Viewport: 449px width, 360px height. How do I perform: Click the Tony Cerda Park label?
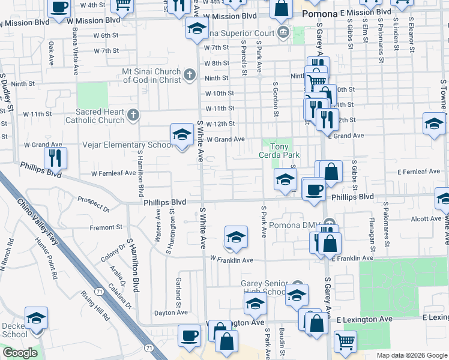point(278,150)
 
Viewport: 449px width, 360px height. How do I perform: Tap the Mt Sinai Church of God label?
point(151,74)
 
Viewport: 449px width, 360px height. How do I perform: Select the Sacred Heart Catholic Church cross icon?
point(133,114)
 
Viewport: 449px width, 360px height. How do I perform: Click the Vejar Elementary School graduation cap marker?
point(181,136)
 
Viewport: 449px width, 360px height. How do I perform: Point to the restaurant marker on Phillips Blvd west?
point(55,158)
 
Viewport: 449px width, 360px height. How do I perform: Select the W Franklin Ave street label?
point(231,260)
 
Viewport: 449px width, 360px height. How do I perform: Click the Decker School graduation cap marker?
point(37,318)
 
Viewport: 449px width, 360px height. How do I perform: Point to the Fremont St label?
point(106,227)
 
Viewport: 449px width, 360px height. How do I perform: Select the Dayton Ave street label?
point(168,313)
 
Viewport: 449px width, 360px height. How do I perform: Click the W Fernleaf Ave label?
point(113,173)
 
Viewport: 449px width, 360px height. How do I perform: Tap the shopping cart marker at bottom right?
point(345,342)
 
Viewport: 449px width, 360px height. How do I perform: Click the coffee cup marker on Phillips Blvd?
point(314,190)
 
